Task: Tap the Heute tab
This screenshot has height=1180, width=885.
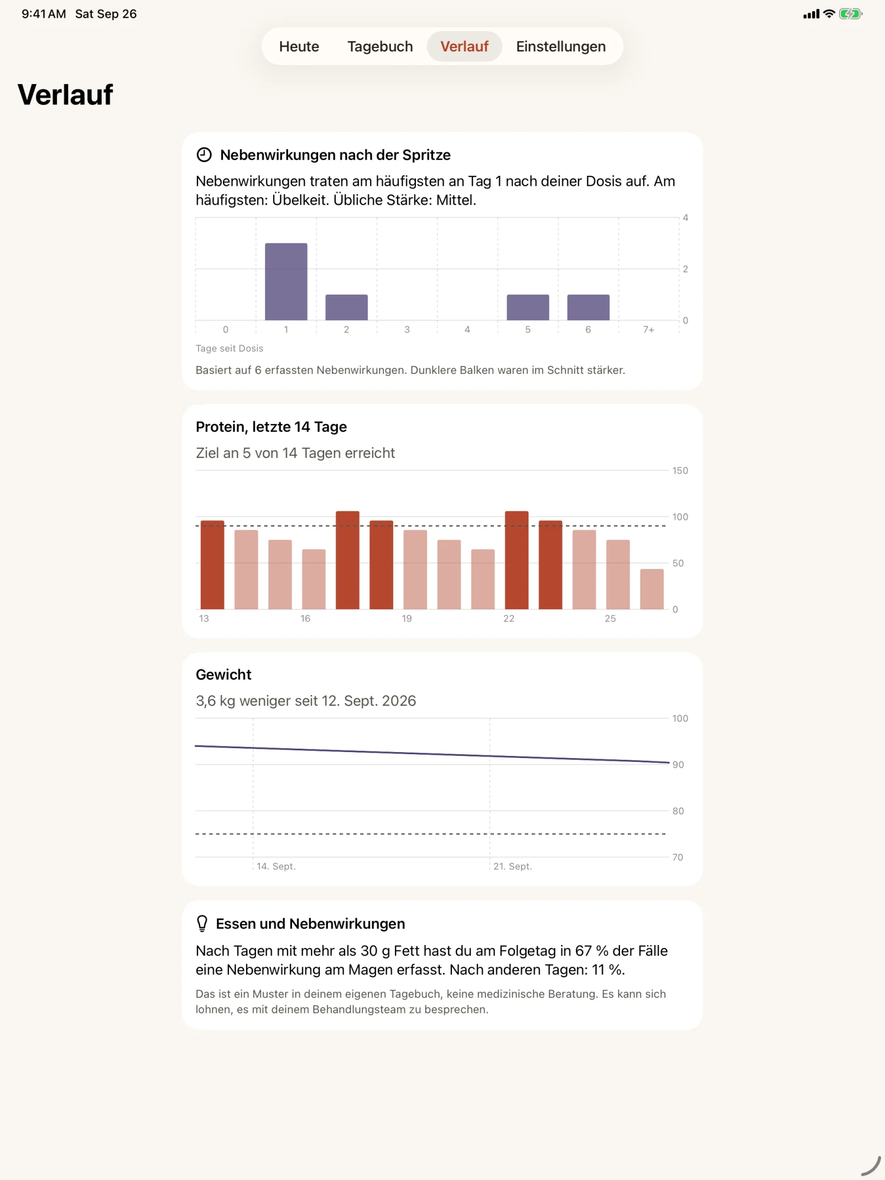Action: click(x=299, y=46)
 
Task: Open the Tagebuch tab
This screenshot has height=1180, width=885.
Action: click(x=380, y=46)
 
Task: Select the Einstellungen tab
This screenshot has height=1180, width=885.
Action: click(x=561, y=46)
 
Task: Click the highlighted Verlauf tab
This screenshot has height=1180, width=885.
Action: click(x=464, y=46)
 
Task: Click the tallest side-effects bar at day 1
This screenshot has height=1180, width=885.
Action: click(x=286, y=281)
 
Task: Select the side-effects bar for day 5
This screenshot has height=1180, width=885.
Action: click(x=528, y=307)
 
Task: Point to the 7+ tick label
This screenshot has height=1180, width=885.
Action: click(x=648, y=330)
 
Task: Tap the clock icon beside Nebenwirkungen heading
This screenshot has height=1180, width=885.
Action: click(x=204, y=155)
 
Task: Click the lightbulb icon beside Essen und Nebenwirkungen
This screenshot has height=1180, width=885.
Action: click(x=202, y=923)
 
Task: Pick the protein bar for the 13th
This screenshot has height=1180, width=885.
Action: click(x=212, y=565)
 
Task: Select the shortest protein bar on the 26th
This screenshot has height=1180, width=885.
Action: click(x=652, y=589)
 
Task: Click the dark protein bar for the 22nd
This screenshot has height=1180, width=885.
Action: click(x=517, y=560)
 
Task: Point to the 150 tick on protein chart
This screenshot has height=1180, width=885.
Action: click(x=680, y=471)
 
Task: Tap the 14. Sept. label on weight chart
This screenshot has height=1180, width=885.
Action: click(x=276, y=866)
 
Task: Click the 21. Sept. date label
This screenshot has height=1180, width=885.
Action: click(x=513, y=866)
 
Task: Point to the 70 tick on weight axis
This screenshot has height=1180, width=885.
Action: click(x=678, y=858)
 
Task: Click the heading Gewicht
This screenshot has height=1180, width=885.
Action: click(x=223, y=675)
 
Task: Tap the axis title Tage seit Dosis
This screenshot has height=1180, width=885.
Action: click(x=230, y=348)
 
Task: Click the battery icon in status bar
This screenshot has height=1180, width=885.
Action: click(x=850, y=14)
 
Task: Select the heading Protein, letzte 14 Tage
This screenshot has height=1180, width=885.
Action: click(x=271, y=427)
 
